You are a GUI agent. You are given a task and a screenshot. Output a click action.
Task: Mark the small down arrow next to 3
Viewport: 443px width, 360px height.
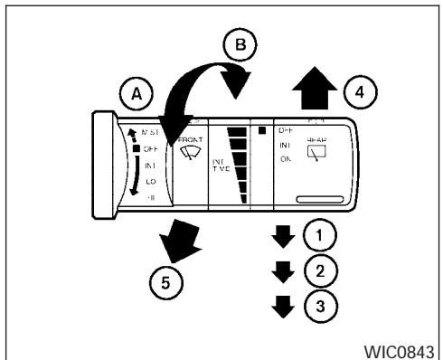tap(285, 303)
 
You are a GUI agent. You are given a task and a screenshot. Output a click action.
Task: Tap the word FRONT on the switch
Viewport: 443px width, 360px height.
tap(192, 140)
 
